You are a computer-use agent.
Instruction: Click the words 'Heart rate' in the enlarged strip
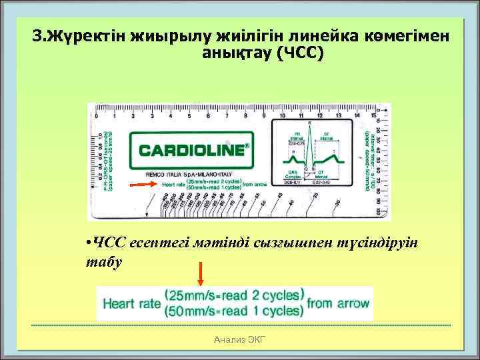(x=130, y=303)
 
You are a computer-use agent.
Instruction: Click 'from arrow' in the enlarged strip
(x=338, y=303)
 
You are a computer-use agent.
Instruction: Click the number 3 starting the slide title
(x=37, y=35)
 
